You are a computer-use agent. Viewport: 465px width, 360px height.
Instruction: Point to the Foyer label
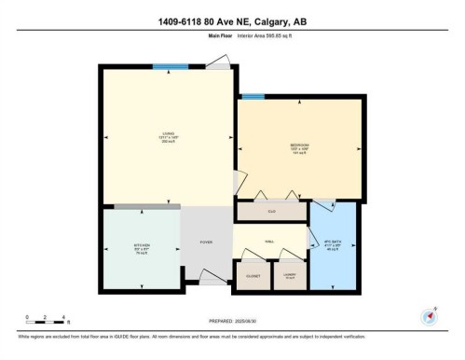[206, 242]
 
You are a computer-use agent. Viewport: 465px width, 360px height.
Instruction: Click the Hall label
[269, 242]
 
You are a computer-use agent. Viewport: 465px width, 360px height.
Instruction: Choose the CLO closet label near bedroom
[270, 213]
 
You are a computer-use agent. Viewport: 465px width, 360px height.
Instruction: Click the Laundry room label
[289, 276]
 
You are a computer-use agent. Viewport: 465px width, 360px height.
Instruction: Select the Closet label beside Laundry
[252, 276]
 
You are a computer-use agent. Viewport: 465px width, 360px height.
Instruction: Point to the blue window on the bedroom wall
[253, 96]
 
